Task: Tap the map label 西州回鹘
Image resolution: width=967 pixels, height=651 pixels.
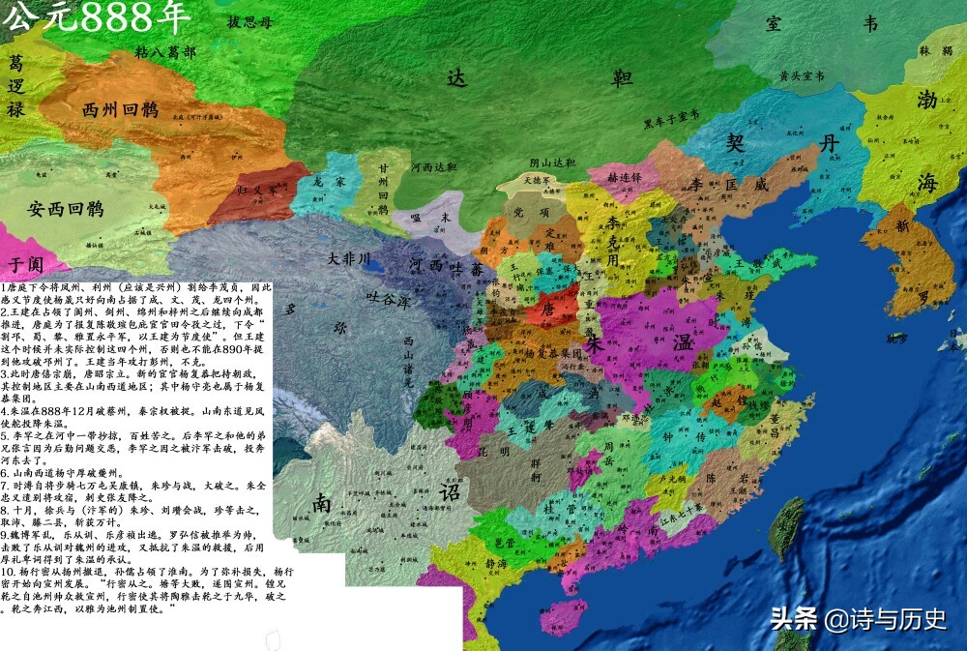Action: pos(122,109)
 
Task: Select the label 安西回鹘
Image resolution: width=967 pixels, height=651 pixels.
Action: pos(66,207)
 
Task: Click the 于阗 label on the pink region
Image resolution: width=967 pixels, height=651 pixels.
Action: pos(27,262)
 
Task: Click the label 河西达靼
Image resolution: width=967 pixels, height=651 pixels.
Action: pos(433,166)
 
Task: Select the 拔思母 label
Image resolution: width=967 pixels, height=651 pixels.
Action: pos(249,21)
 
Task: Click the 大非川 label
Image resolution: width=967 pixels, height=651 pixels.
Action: pos(348,259)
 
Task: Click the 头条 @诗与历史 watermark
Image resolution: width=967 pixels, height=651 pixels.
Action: pos(858,619)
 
